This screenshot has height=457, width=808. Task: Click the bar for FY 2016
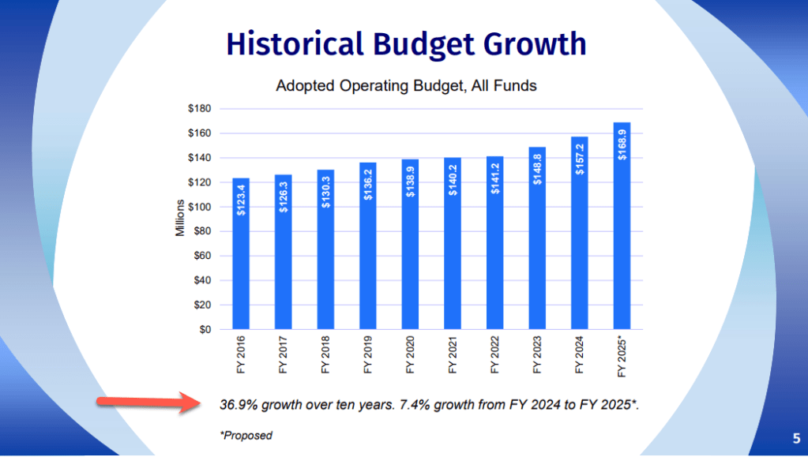pos(240,253)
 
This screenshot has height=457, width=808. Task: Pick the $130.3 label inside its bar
pos(325,191)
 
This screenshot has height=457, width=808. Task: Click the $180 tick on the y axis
pos(199,109)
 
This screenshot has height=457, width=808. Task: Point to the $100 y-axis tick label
pos(199,207)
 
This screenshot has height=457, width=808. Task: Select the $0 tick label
pos(205,330)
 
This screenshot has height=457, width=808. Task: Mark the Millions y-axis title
pos(179,219)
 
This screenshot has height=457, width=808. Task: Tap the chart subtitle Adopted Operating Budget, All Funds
pos(406,85)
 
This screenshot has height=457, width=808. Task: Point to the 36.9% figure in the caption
pos(238,406)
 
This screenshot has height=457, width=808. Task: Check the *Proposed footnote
pos(246,436)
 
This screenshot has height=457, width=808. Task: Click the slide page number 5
pos(795,438)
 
